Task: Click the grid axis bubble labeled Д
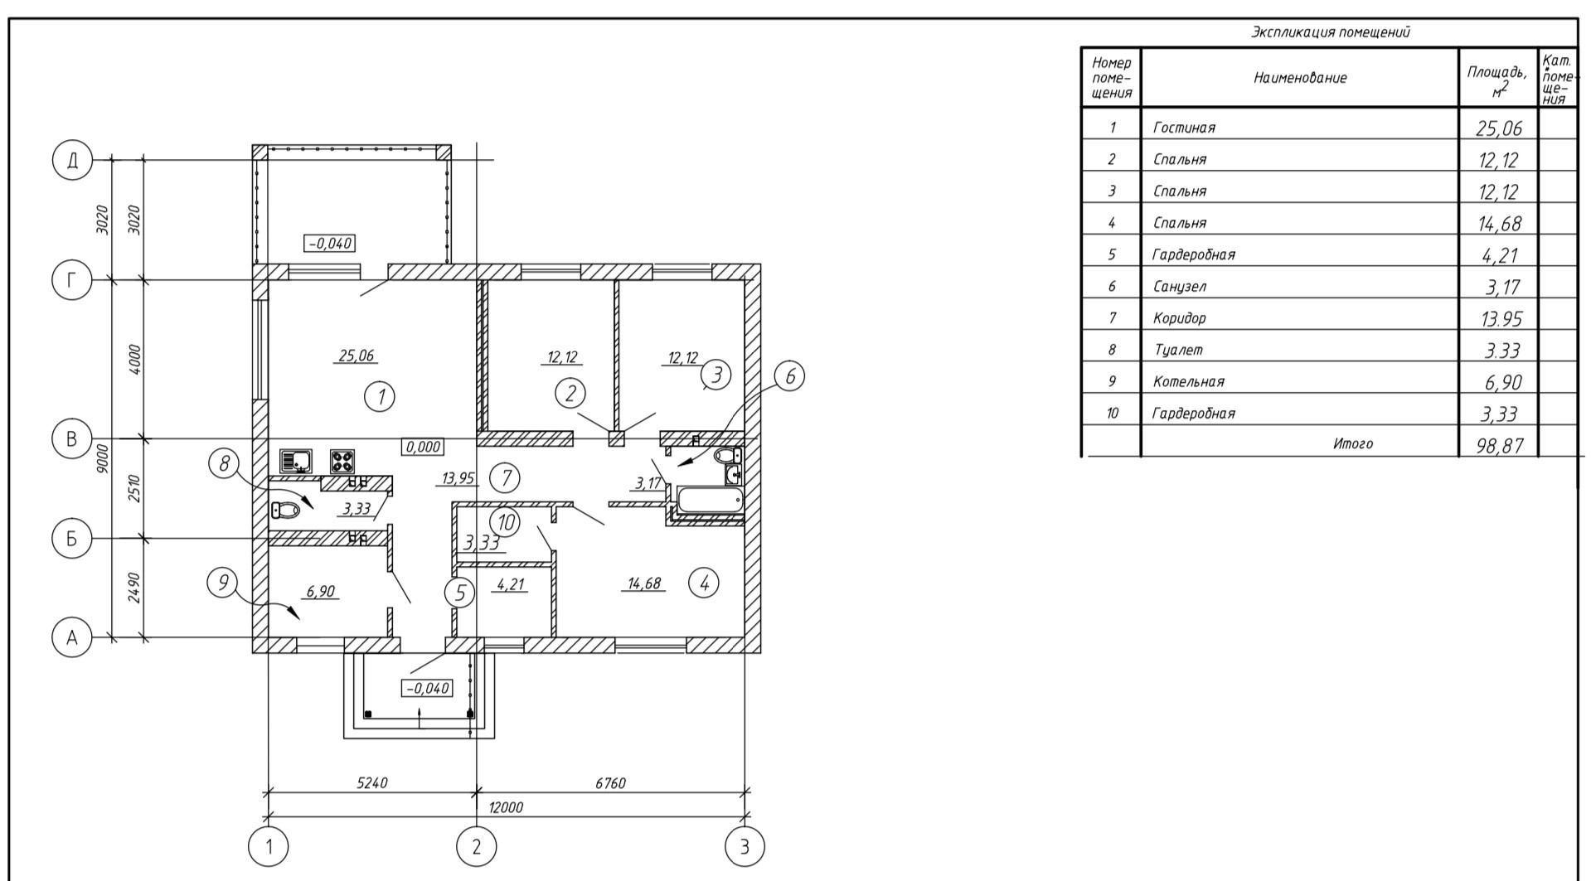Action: coord(71,160)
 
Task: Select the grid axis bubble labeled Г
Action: coord(71,281)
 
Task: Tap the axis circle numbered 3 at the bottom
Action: coord(744,847)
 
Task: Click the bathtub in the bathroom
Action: coord(710,500)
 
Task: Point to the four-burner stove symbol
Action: coord(342,460)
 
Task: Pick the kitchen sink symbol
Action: coord(295,460)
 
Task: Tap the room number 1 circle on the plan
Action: coord(380,397)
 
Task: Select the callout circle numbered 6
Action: coord(788,377)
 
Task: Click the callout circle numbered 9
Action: coord(221,582)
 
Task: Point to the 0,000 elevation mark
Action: coord(423,447)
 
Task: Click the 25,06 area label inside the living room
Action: coord(357,356)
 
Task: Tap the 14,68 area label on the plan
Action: coord(644,583)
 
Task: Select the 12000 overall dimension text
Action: coord(505,807)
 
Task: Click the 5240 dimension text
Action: coord(372,783)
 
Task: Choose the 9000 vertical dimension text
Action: coord(102,457)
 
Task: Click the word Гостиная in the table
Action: coord(1184,128)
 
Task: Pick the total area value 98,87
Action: coord(1500,445)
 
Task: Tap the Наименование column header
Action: coord(1299,78)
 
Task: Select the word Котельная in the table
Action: coord(1188,382)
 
